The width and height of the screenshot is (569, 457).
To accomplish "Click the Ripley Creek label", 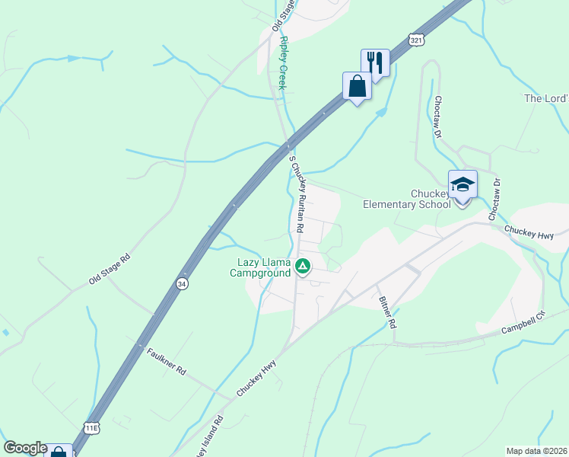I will [x=282, y=63].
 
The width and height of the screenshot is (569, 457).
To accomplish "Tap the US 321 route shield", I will [x=415, y=40].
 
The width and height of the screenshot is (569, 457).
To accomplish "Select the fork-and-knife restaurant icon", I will [x=374, y=61].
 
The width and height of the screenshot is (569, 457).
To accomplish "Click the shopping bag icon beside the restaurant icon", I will [x=357, y=86].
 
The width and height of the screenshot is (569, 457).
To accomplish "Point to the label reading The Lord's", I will [x=546, y=99].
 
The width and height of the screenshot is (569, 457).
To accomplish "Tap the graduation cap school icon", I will [x=463, y=184].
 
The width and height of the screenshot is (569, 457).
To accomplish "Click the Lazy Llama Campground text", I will [x=260, y=267].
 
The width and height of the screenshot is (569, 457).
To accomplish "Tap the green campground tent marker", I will [x=303, y=267].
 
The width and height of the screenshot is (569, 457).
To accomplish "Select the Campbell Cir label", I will [x=524, y=326].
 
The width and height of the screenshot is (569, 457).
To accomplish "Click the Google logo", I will [x=25, y=448].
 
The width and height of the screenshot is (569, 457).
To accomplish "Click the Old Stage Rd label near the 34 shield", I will [x=110, y=269].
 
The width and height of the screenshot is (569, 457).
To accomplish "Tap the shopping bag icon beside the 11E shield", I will [x=59, y=451].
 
